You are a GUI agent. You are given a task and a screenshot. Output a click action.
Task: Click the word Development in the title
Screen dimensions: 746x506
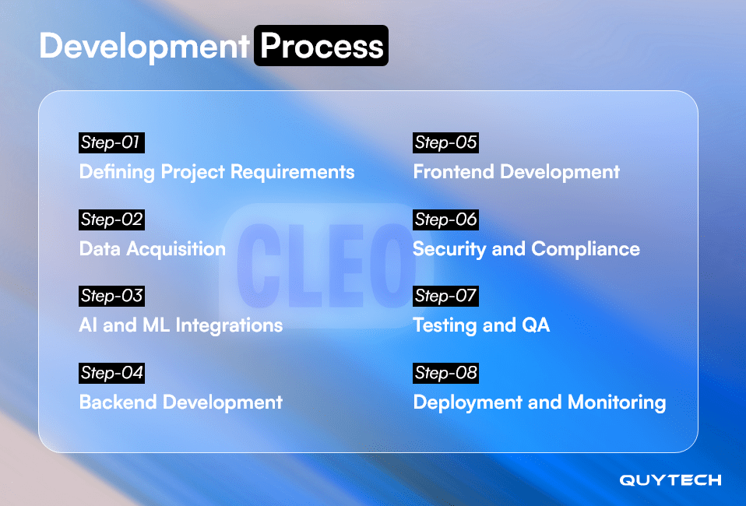(x=144, y=47)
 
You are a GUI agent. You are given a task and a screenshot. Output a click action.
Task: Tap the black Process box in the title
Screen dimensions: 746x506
(x=321, y=46)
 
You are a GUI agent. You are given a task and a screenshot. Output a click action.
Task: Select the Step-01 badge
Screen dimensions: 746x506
(x=111, y=142)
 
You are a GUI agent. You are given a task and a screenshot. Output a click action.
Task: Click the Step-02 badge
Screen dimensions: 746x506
(x=111, y=220)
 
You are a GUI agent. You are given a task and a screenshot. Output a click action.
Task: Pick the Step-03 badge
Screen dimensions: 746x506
(x=111, y=297)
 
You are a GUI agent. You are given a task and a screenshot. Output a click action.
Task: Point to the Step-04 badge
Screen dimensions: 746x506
(x=111, y=373)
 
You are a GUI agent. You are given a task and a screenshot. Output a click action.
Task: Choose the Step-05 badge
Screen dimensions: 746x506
(x=445, y=142)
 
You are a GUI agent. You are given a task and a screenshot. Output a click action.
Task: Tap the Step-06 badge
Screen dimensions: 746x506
(x=445, y=220)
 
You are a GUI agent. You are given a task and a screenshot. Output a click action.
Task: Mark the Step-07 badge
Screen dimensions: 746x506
(x=445, y=297)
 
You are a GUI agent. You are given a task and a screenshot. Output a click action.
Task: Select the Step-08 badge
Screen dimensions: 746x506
(x=445, y=373)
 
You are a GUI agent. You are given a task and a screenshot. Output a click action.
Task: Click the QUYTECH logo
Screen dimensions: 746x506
(x=670, y=480)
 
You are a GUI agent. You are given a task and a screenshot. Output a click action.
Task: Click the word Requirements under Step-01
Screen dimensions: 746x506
(x=293, y=172)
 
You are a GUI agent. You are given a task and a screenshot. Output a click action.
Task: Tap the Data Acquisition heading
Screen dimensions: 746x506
(x=153, y=249)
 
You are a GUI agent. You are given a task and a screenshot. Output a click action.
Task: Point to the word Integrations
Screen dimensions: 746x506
(x=229, y=325)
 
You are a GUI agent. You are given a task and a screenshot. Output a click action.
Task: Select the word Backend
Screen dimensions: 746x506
(x=118, y=402)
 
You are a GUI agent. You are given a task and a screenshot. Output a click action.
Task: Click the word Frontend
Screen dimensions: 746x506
(x=453, y=172)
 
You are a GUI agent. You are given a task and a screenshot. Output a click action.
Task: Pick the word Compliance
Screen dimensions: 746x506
(x=586, y=249)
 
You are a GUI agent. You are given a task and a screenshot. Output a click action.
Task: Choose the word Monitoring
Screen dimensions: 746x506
(x=617, y=402)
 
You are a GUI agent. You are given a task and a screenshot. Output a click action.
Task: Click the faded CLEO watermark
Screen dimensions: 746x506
(x=326, y=265)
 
